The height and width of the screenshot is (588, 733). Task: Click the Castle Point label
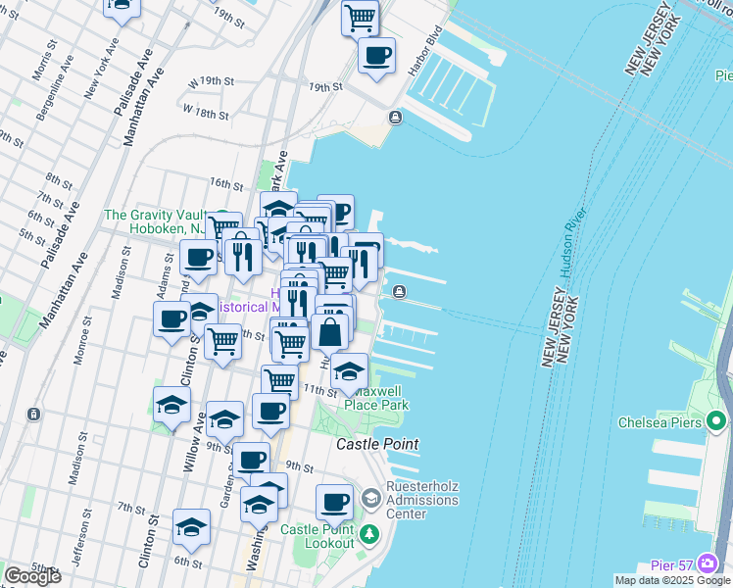click(377, 444)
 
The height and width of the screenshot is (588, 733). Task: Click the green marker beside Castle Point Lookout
click(369, 534)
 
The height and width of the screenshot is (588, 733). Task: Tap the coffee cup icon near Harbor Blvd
click(376, 55)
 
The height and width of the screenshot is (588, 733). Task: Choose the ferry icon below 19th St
click(395, 119)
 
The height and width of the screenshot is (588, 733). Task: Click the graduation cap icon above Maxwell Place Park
click(349, 371)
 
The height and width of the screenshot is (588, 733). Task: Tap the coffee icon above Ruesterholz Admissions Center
click(334, 502)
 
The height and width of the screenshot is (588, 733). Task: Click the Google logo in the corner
click(32, 576)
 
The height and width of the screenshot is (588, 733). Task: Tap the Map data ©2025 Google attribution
click(671, 580)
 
